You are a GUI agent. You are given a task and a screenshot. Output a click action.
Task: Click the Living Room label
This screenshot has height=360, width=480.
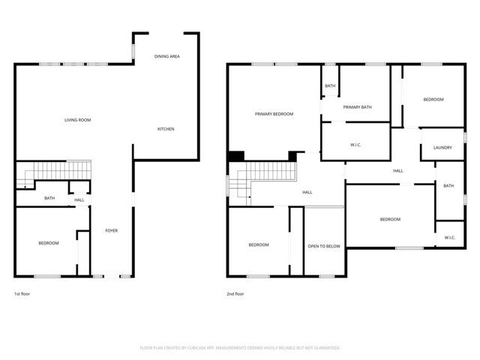pyautogui.click(x=77, y=120)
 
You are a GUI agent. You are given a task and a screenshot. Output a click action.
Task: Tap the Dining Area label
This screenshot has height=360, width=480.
pyautogui.click(x=166, y=56)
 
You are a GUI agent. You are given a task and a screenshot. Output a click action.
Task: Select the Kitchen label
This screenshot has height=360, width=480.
pyautogui.click(x=166, y=129)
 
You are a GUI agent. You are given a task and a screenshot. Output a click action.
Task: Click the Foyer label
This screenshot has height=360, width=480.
pyautogui.click(x=111, y=230)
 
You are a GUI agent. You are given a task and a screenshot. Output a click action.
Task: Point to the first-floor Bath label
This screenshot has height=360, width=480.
pyautogui.click(x=49, y=198)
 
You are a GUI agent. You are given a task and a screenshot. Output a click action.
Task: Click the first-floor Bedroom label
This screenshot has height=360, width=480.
pyautogui.click(x=49, y=243)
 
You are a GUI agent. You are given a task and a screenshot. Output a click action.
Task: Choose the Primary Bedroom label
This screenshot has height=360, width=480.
pyautogui.click(x=274, y=114)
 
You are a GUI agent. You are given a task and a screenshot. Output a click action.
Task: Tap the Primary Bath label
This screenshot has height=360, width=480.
pyautogui.click(x=358, y=107)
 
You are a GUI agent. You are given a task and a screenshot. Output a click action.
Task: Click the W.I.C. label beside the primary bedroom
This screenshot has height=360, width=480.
pyautogui.click(x=357, y=145)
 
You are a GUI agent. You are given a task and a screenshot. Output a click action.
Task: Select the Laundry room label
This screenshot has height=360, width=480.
pyautogui.click(x=442, y=148)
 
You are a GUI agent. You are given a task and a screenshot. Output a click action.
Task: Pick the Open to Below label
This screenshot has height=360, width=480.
pyautogui.click(x=324, y=246)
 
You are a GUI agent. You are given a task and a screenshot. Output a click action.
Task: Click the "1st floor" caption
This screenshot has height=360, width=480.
pyautogui.click(x=22, y=294)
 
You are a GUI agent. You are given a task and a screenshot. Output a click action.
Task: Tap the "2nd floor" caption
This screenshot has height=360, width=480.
pyautogui.click(x=235, y=294)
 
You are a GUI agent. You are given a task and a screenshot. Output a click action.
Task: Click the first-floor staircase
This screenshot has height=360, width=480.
pyautogui.click(x=56, y=172)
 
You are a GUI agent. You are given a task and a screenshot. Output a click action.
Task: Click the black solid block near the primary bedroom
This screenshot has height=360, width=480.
pyautogui.click(x=236, y=156)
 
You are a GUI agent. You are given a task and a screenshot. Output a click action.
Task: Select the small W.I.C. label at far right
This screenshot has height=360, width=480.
pyautogui.click(x=450, y=238)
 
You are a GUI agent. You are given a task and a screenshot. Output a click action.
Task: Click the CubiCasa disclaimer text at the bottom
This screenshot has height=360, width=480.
pyautogui.click(x=240, y=348)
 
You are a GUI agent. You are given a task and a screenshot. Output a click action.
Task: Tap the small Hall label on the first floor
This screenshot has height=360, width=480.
pyautogui.click(x=79, y=200)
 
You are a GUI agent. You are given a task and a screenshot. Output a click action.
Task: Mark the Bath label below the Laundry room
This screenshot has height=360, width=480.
pyautogui.click(x=448, y=186)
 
